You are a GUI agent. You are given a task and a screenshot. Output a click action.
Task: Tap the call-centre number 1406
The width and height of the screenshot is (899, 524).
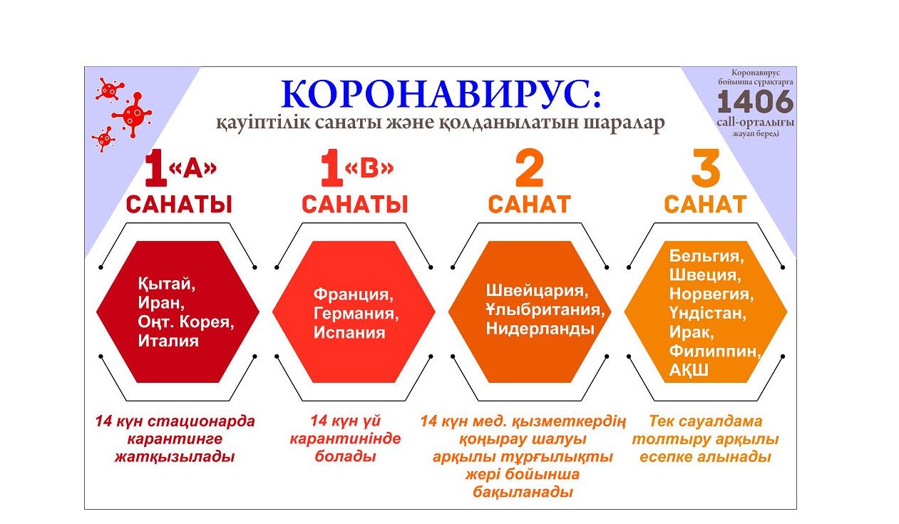tap(755, 101)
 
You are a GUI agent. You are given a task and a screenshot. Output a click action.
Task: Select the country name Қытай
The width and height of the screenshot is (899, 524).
tap(167, 284)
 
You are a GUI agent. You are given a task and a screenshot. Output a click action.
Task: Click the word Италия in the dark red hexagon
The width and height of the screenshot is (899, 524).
tap(168, 341)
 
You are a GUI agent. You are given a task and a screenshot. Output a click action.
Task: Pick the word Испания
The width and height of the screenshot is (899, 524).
tap(349, 333)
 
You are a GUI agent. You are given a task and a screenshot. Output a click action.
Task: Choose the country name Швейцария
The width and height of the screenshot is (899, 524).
tap(537, 291)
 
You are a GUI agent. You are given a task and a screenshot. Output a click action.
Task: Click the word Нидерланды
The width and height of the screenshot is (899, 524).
tap(540, 329)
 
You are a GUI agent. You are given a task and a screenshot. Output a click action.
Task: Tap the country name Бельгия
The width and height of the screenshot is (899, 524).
tap(707, 256)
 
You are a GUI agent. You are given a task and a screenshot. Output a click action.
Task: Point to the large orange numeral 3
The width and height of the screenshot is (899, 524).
tap(706, 168)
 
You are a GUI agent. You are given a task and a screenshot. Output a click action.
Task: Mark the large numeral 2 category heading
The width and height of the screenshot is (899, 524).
tap(530, 168)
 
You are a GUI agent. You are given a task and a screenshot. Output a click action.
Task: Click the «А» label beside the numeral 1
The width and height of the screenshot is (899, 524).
tap(192, 168)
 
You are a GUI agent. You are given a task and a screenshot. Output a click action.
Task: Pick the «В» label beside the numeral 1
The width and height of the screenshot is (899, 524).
tap(369, 168)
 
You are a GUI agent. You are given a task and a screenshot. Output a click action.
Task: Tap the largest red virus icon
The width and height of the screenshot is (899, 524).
tap(133, 114)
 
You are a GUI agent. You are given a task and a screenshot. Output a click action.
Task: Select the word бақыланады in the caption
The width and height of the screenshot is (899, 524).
tap(523, 492)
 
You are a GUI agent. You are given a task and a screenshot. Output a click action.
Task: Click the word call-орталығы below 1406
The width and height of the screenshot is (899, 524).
tap(755, 123)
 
